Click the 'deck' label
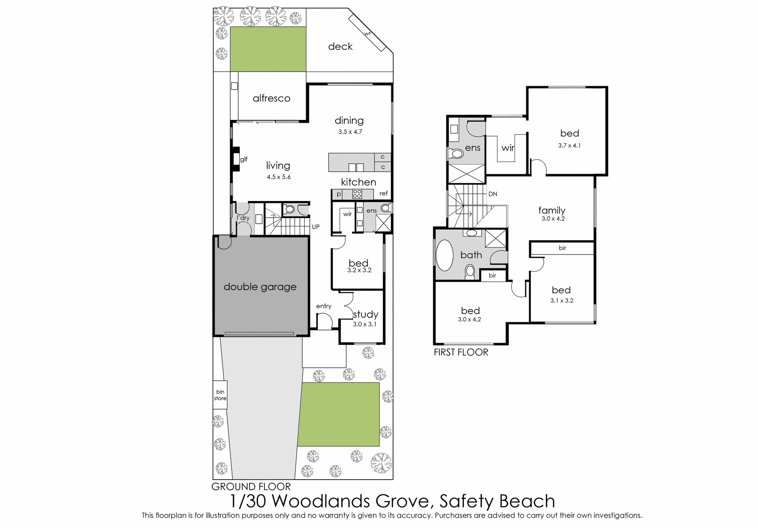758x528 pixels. [x=340, y=46]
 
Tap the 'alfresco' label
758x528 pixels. [x=271, y=98]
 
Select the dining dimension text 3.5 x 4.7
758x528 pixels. [x=350, y=132]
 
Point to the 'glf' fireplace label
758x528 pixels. [x=244, y=159]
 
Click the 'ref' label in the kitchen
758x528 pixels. [x=383, y=193]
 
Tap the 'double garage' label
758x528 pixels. [x=260, y=287]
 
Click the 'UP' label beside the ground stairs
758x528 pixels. [x=316, y=227]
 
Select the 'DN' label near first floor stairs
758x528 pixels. [x=493, y=194]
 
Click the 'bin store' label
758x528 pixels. [x=220, y=395]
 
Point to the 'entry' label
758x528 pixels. [x=324, y=306]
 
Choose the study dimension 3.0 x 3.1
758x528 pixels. [x=364, y=324]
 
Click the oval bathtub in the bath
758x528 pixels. [x=444, y=255]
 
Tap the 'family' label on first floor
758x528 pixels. [x=552, y=210]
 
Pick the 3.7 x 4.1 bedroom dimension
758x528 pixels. [x=569, y=146]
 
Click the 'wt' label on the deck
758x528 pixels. [x=367, y=34]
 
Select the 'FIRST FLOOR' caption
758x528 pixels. [x=461, y=352]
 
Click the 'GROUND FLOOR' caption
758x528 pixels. [x=251, y=486]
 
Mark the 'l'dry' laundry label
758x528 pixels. [x=243, y=218]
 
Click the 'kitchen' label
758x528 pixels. [x=358, y=182]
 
